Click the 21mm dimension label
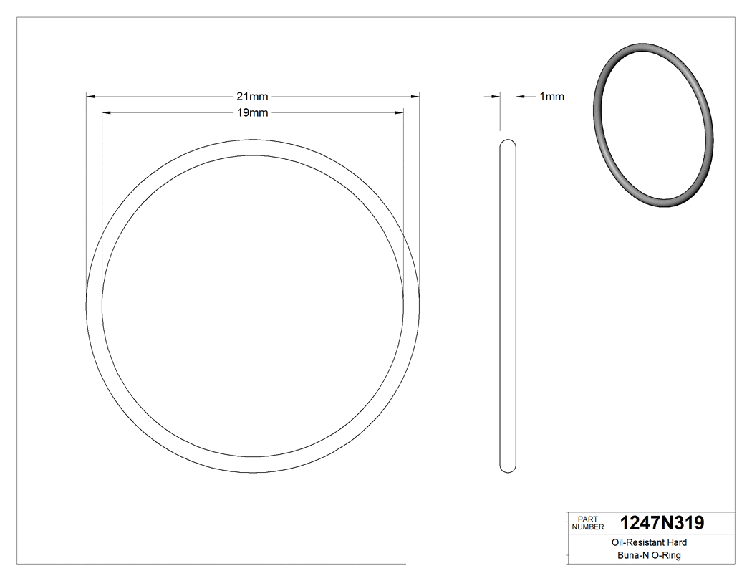[x=252, y=96]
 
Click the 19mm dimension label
[x=252, y=113]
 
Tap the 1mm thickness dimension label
[x=551, y=97]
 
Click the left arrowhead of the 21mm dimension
[x=90, y=96]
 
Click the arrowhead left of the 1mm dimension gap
[x=495, y=97]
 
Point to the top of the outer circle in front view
[x=253, y=140]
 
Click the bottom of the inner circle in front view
[x=253, y=456]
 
